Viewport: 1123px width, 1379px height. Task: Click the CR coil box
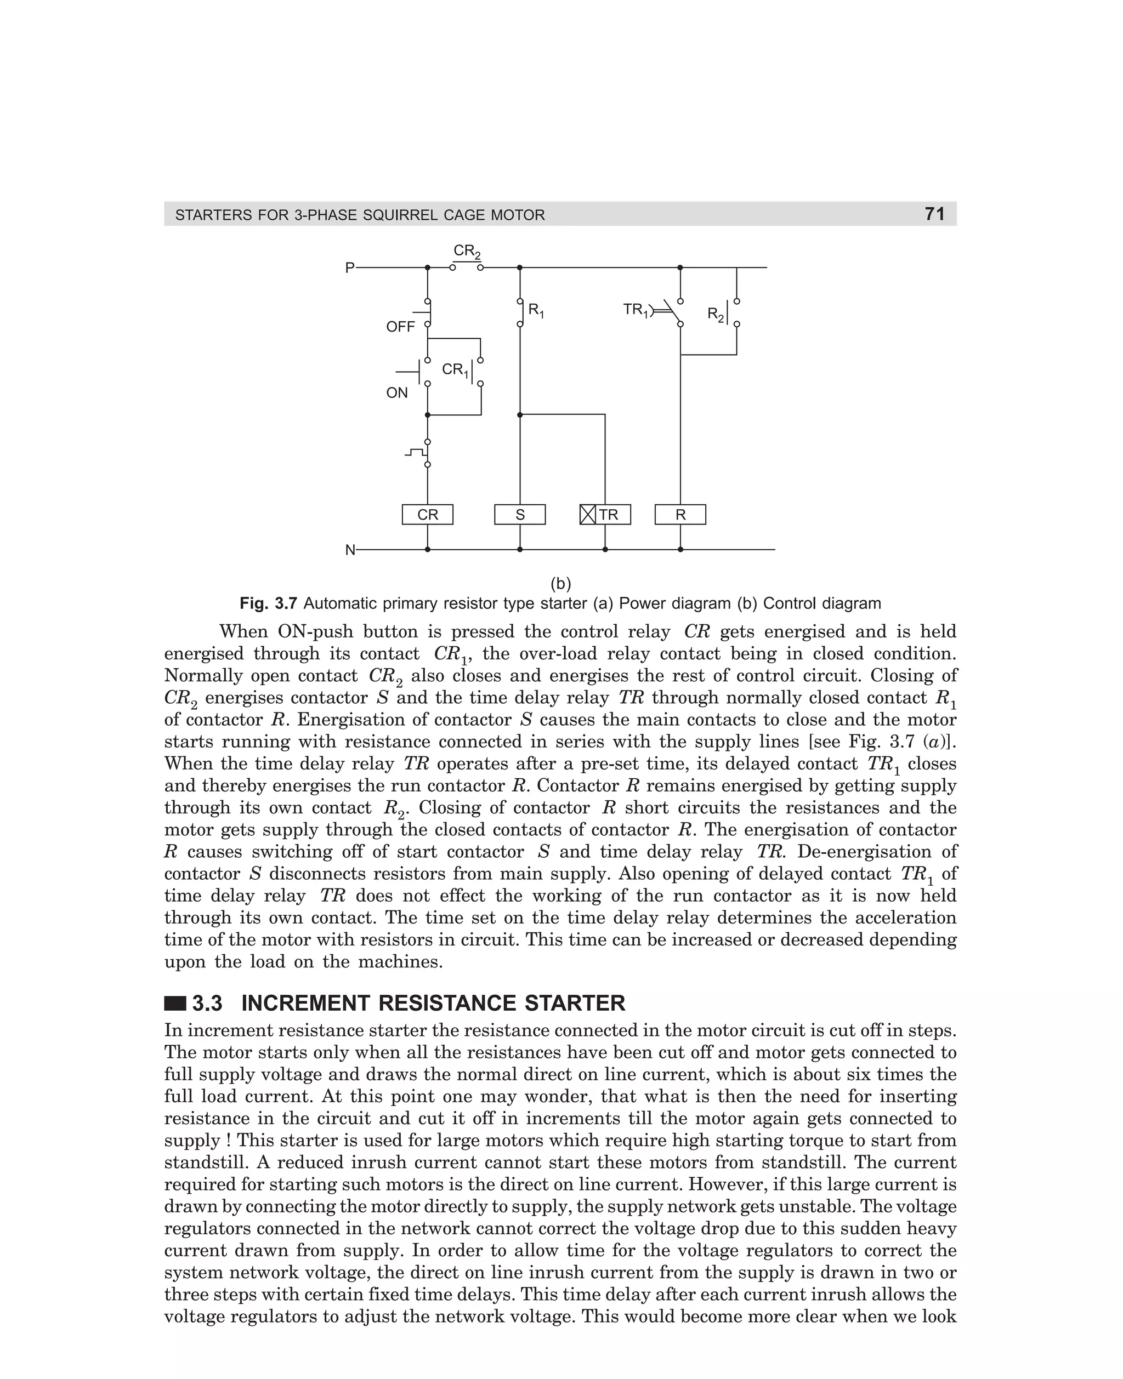pos(427,515)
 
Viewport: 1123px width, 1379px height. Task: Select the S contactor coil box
pos(519,515)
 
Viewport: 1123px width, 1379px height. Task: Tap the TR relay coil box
pos(605,515)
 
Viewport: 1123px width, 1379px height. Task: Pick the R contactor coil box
pos(680,515)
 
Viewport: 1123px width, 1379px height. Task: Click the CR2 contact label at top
pos(467,251)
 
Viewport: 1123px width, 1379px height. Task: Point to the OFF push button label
pos(400,327)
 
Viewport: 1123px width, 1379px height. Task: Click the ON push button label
pos(396,393)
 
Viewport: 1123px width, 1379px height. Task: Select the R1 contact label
pos(536,310)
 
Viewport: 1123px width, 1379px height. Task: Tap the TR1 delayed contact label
pos(635,310)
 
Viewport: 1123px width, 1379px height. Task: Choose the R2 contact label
pos(715,315)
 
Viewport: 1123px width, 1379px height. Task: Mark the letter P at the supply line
pos(350,267)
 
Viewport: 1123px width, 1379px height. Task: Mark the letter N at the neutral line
pos(350,550)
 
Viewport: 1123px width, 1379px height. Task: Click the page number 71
pos(935,214)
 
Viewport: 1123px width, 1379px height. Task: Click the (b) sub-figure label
pos(560,584)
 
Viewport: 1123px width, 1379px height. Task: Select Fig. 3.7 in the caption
pos(268,604)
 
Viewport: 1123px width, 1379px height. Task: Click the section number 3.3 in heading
pos(207,1004)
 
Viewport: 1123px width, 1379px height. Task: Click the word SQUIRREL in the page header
pos(401,215)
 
